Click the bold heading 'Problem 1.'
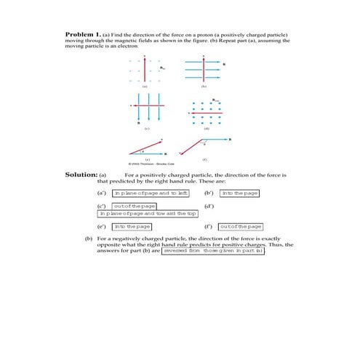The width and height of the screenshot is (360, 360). [82, 34]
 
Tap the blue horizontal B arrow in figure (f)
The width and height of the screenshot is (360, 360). [215, 139]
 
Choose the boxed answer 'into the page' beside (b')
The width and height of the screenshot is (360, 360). [240, 193]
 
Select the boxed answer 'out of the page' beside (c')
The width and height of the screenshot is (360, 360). [132, 207]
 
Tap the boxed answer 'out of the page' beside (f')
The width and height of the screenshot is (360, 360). [241, 227]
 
